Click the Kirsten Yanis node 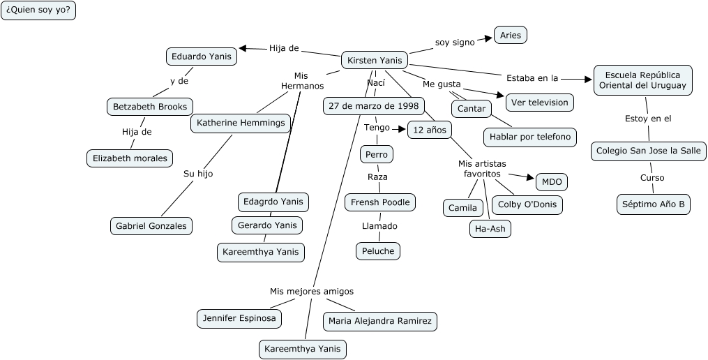coord(375,61)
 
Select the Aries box coord(511,36)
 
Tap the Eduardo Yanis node coord(202,57)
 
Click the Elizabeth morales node coord(130,158)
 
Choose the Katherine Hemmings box coord(241,123)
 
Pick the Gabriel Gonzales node coord(151,225)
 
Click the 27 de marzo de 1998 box coord(373,106)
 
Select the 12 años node coord(430,130)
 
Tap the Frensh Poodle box coord(381,202)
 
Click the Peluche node coord(379,250)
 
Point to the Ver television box coord(539,103)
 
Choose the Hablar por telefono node coord(530,137)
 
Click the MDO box coord(551,182)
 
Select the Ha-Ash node coord(490,228)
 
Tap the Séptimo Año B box coord(654,204)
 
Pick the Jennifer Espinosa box coord(239,318)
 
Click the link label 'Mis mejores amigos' coord(312,291)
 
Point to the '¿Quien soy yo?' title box coord(38,10)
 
